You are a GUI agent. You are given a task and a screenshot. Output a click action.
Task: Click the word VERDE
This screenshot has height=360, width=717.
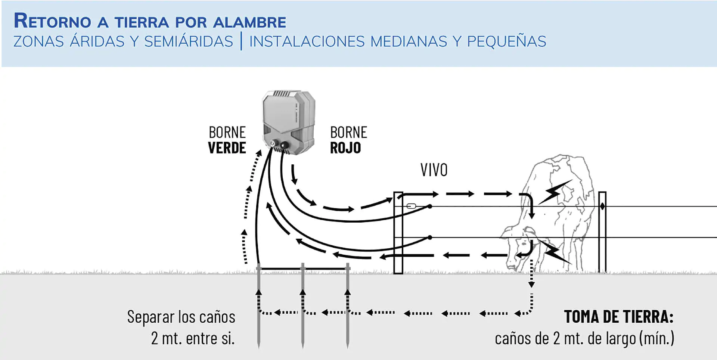point(227,148)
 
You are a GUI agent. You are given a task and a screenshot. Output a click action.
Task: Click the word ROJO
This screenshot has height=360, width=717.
point(345,148)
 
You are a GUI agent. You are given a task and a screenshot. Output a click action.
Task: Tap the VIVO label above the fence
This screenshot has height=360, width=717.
point(434,170)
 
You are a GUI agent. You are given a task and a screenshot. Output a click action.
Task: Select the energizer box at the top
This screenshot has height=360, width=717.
point(289,121)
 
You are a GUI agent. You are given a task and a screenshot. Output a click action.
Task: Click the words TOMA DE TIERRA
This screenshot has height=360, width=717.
point(618,317)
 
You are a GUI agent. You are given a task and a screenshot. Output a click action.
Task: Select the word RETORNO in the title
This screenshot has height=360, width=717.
point(52,21)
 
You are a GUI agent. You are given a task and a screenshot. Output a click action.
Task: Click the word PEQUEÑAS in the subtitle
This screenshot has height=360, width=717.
point(506,41)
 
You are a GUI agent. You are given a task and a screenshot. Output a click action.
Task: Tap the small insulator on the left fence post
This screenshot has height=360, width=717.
point(411,206)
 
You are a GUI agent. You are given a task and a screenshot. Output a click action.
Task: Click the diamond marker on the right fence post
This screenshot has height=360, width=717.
point(602,206)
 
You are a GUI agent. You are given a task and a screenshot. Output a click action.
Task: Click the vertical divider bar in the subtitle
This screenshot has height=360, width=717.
point(241,41)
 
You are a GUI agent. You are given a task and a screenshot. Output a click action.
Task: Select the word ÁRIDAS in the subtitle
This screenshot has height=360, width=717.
point(97,41)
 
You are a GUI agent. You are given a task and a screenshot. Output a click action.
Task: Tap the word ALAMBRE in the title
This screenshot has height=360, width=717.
point(249,22)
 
